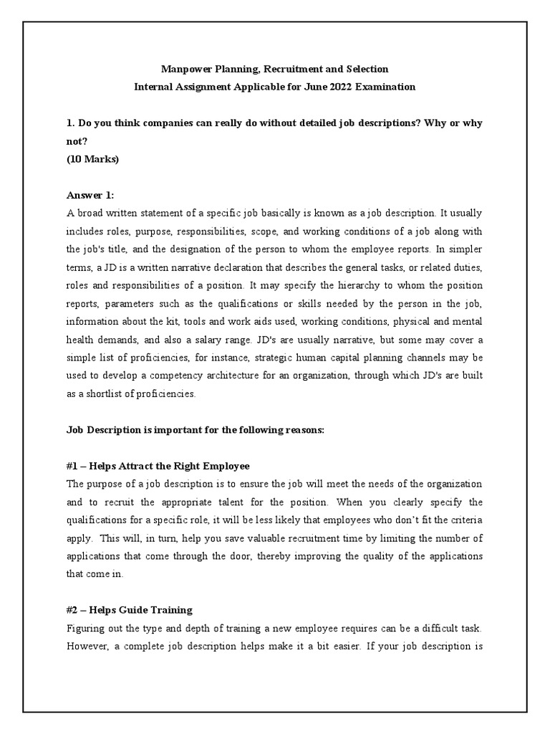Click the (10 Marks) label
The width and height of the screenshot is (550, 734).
point(92,159)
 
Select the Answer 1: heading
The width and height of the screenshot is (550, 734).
point(90,195)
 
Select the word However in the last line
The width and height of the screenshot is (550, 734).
point(88,646)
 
